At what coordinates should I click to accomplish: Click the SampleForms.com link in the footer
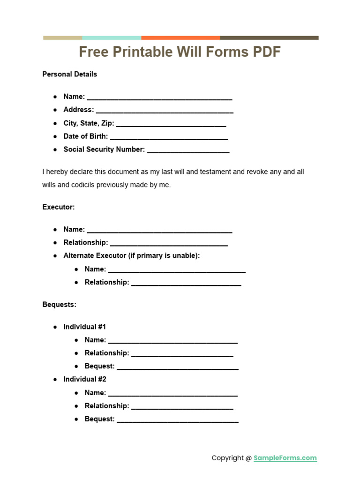[x=285, y=458]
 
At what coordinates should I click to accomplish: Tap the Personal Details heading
[x=70, y=74]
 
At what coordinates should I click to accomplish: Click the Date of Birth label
[x=86, y=136]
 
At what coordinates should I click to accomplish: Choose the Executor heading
[x=59, y=207]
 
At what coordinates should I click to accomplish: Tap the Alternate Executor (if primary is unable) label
[x=132, y=255]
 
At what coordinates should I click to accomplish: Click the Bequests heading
[x=60, y=304]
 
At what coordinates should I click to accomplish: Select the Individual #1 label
[x=85, y=327]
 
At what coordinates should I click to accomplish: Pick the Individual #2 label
[x=85, y=379]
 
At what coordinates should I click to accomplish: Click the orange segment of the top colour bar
[x=180, y=38]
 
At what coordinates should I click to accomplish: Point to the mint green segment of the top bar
[x=112, y=38]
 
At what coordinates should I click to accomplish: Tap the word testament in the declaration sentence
[x=216, y=172]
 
